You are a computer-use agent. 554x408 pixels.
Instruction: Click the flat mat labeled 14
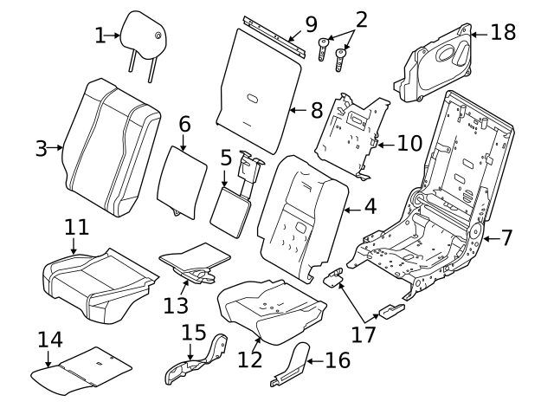(82, 368)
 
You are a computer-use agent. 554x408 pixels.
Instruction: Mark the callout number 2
(361, 17)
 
